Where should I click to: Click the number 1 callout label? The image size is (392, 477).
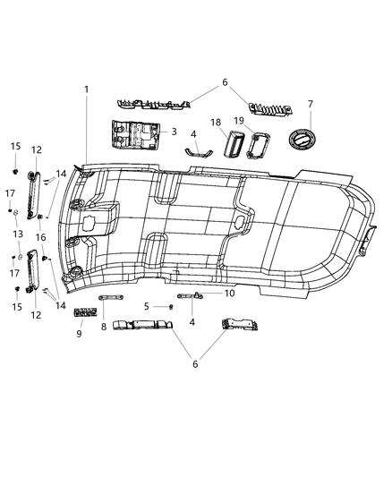coord(87,89)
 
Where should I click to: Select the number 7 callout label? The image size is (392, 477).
coord(310,104)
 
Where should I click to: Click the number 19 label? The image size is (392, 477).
coord(239,121)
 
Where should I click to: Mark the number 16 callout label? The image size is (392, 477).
coord(39,238)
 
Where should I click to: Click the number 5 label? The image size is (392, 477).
coord(146,306)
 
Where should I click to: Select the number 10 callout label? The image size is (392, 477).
coord(229,293)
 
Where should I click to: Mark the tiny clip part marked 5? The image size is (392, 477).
coord(170,306)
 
